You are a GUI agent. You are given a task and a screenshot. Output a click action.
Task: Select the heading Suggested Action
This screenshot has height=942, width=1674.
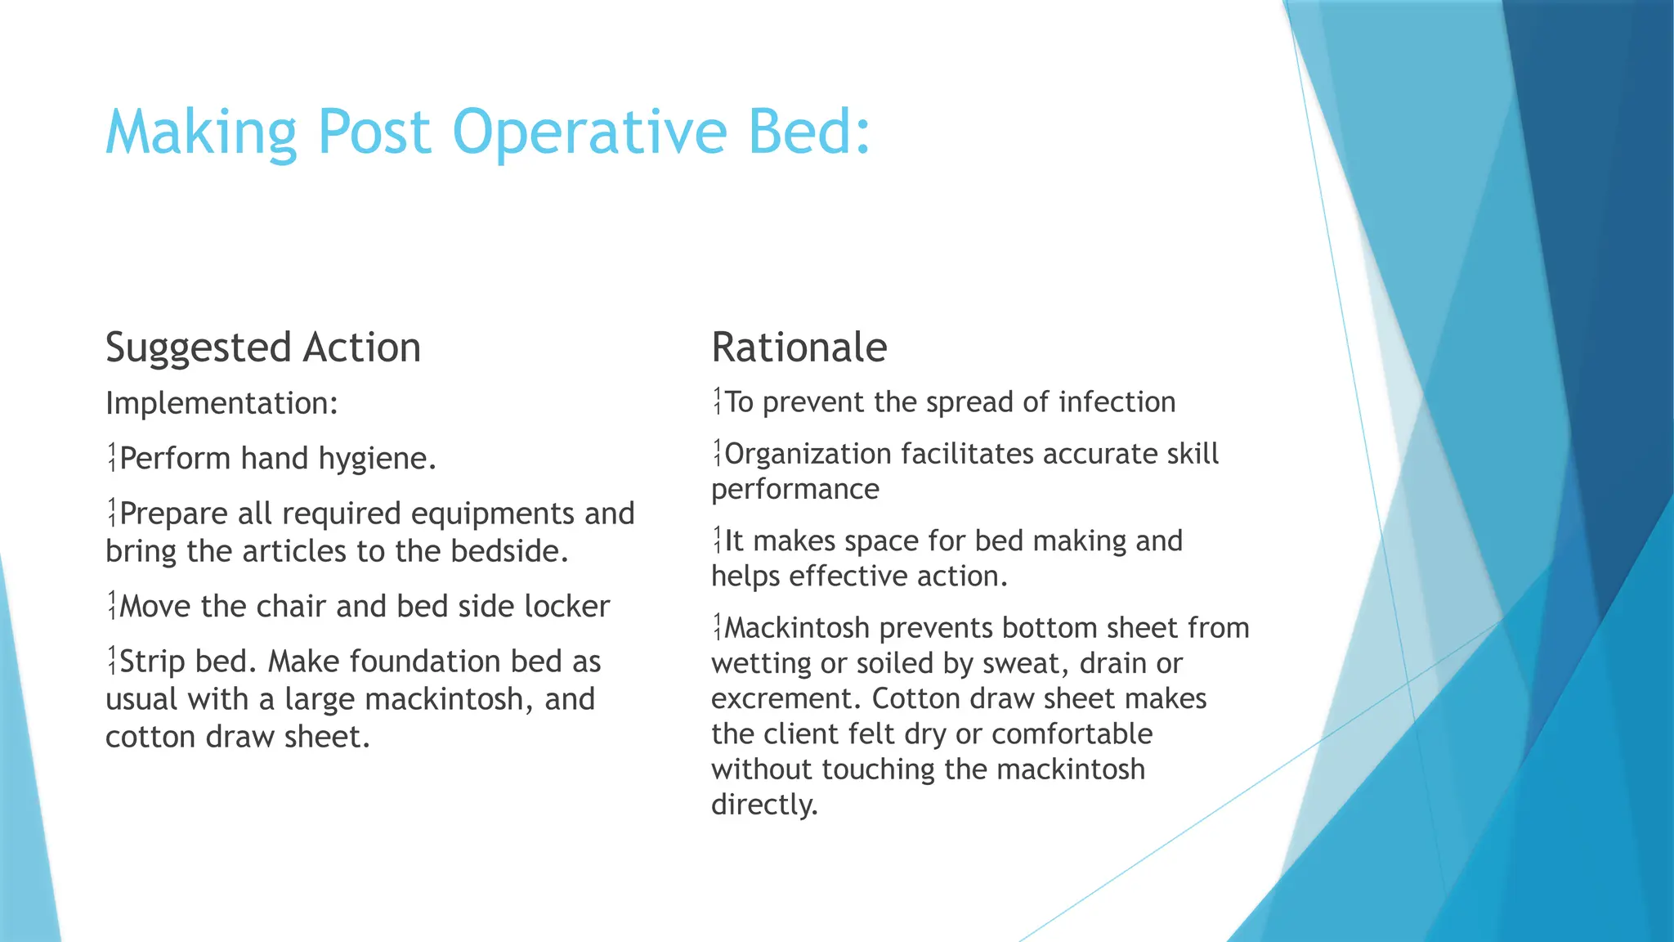point(263,348)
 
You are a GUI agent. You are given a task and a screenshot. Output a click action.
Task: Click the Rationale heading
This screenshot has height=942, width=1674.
point(799,348)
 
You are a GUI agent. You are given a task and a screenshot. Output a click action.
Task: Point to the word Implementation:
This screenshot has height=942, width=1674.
point(222,403)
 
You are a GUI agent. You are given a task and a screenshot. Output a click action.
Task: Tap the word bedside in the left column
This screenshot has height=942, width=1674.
point(508,551)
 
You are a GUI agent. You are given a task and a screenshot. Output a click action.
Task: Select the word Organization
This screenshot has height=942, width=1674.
point(808,454)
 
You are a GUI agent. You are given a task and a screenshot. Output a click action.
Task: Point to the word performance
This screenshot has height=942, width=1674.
point(794,489)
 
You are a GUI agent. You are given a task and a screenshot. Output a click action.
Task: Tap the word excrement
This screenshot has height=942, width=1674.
point(786,698)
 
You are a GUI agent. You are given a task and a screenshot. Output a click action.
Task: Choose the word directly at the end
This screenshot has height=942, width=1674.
point(763,805)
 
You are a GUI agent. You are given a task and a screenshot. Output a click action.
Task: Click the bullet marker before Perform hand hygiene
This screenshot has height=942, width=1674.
point(112,459)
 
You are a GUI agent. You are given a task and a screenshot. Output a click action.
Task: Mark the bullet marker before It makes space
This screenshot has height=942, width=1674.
point(717,541)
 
